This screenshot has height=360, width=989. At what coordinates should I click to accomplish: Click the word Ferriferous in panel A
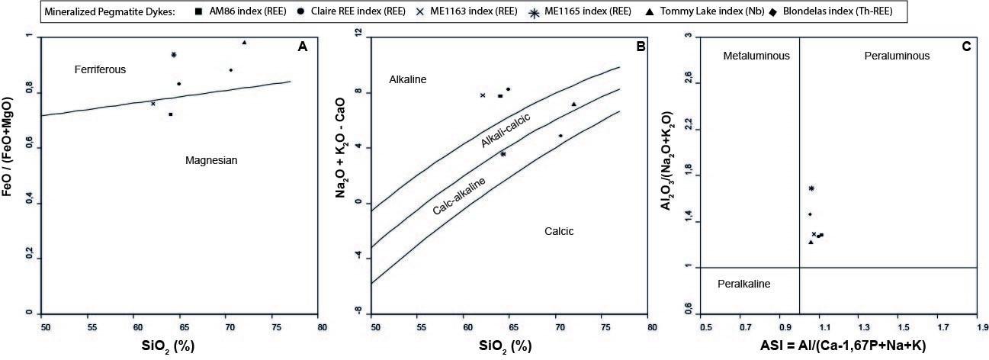click(x=100, y=69)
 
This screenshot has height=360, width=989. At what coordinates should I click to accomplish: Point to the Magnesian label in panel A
click(x=212, y=160)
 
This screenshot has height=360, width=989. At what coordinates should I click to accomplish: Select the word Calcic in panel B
click(x=558, y=231)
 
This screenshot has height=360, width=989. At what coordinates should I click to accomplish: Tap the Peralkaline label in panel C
click(x=744, y=284)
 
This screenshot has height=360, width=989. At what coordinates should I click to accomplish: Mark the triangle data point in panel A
click(x=244, y=43)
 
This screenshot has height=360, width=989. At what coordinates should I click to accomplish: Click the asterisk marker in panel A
click(x=174, y=55)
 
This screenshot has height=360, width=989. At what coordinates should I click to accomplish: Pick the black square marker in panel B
click(x=500, y=95)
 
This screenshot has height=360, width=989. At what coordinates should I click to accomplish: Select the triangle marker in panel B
click(x=573, y=104)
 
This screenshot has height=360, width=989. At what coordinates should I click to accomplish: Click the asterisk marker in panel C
click(x=811, y=188)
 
